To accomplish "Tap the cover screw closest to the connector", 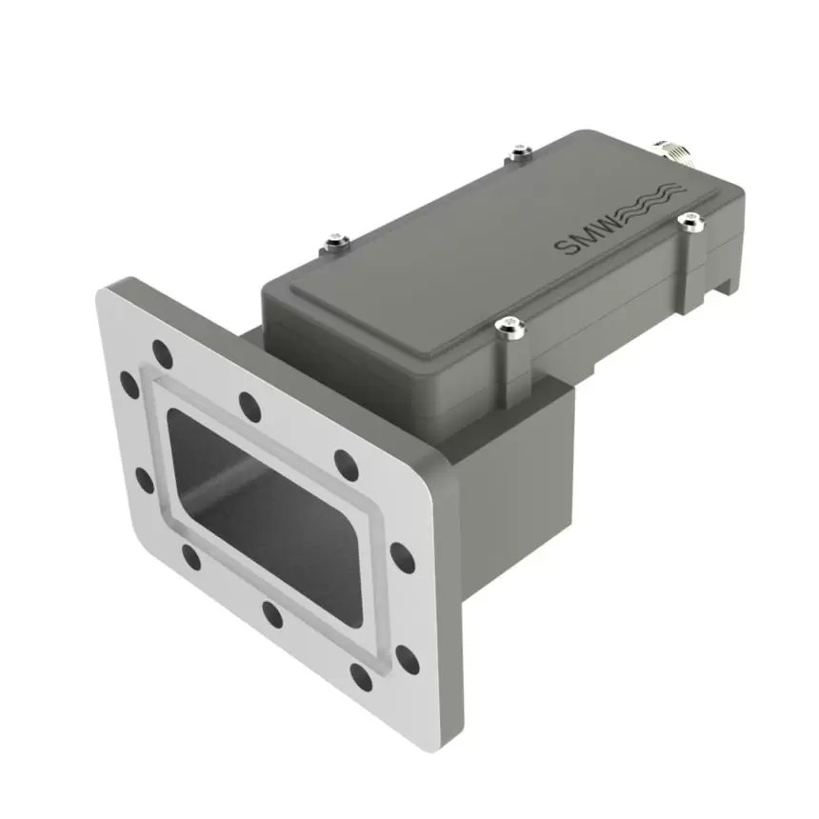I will tap(689, 221).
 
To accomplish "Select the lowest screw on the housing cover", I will tap(509, 329).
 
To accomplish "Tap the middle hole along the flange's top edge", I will tap(250, 406).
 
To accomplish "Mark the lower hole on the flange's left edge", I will tap(145, 480).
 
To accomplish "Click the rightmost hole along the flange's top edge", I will tap(346, 464).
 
